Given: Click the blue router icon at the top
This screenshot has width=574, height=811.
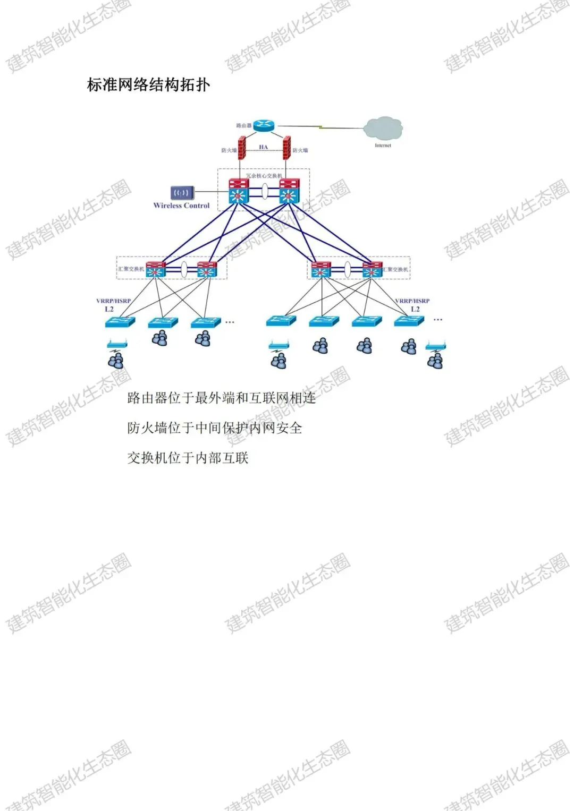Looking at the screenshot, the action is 263,125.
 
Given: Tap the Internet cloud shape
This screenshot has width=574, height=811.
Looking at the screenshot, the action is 383,128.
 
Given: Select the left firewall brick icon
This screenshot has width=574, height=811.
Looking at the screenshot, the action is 242,149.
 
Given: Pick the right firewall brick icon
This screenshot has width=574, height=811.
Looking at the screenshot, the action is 286,148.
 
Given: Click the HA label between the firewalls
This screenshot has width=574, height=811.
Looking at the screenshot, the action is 264,147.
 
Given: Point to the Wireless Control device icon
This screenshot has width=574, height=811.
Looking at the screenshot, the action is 182,193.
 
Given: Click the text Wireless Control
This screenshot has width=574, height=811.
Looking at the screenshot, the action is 181,206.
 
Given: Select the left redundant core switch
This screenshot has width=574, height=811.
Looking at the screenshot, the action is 239,191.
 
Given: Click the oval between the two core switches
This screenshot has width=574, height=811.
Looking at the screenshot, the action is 264,191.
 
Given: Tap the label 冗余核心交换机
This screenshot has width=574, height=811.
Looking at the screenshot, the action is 264,176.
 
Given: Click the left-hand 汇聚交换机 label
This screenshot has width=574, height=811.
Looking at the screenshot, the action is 131,269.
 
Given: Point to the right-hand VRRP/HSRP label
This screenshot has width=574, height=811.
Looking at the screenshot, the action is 412,301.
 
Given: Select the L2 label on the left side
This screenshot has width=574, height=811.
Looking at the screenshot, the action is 109,309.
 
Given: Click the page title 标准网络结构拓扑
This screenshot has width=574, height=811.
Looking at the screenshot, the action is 148,85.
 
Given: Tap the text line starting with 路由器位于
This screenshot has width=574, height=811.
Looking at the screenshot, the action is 221,398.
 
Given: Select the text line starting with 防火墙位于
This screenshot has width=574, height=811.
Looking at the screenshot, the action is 214,428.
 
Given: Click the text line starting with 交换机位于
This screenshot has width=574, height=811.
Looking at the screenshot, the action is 188,458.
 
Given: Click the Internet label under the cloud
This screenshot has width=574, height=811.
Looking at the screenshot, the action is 383,145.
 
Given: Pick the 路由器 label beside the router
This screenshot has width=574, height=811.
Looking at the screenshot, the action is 243,126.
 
